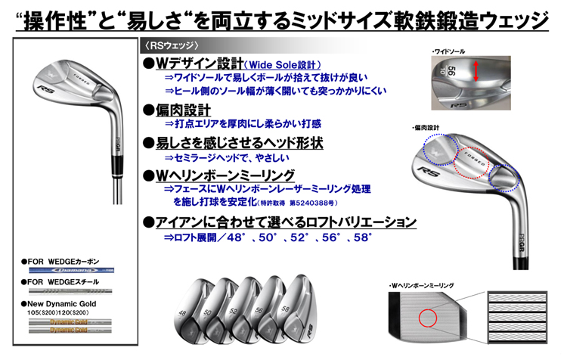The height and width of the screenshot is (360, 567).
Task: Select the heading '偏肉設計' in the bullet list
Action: [x=178, y=109]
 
